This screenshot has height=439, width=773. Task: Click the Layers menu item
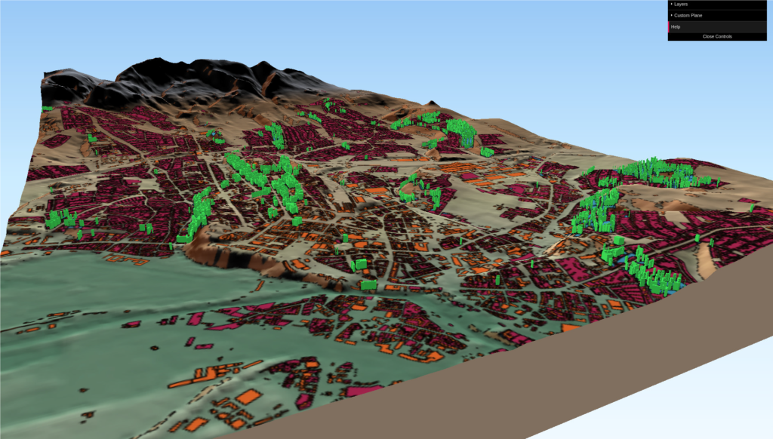pyautogui.click(x=682, y=5)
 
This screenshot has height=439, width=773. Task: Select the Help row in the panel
pyautogui.click(x=676, y=26)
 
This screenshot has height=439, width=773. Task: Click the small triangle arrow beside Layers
pyautogui.click(x=671, y=5)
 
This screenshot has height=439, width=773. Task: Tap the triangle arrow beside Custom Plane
pyautogui.click(x=671, y=15)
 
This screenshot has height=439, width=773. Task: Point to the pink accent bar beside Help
pyautogui.click(x=669, y=26)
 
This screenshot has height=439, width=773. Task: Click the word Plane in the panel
pyautogui.click(x=698, y=15)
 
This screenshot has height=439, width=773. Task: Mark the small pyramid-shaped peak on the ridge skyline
pyautogui.click(x=431, y=103)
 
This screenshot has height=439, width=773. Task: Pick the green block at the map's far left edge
pyautogui.click(x=46, y=109)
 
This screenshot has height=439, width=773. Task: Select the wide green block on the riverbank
pyautogui.click(x=368, y=285)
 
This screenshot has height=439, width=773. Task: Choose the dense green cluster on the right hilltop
pyautogui.click(x=657, y=171)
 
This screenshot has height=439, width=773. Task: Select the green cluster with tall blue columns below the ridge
pyautogui.click(x=459, y=130)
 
